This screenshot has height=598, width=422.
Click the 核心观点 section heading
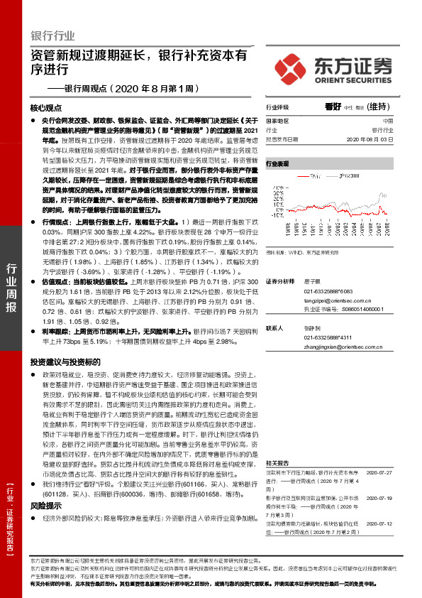click(47, 108)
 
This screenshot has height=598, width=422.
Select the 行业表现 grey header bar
click(333, 163)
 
